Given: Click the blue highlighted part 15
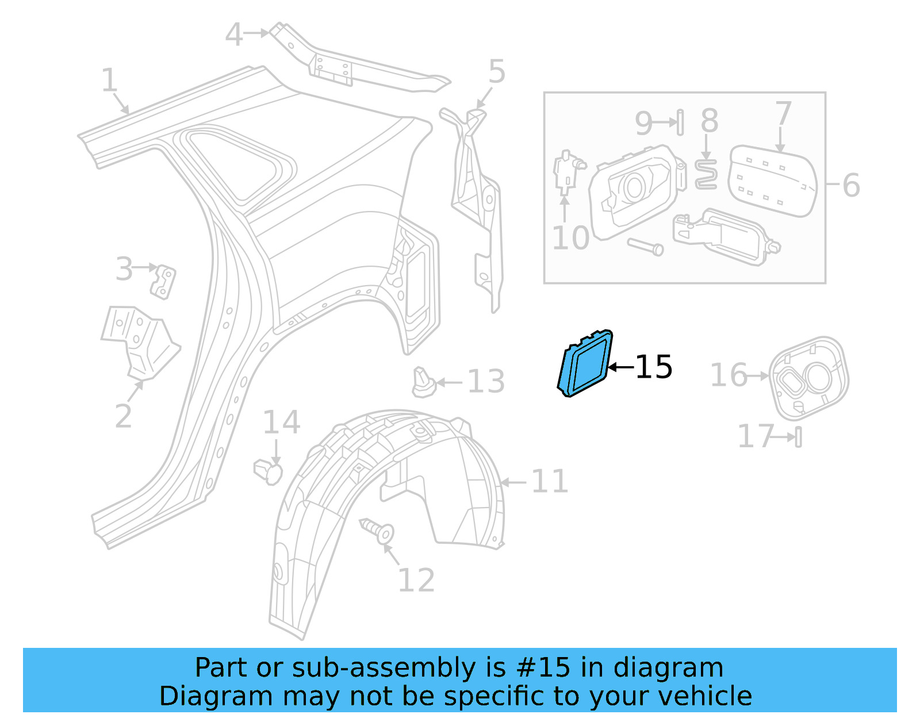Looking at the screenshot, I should pyautogui.click(x=585, y=364).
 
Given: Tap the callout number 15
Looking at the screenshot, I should pyautogui.click(x=654, y=367).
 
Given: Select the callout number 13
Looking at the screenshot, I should pyautogui.click(x=486, y=382).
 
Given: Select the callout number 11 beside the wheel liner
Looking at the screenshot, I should pyautogui.click(x=549, y=482).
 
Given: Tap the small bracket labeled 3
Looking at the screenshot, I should pyautogui.click(x=164, y=282).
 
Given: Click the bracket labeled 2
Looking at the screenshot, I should pyautogui.click(x=141, y=343).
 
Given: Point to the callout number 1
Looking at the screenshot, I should pyautogui.click(x=109, y=80).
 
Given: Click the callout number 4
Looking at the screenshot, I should pyautogui.click(x=234, y=35).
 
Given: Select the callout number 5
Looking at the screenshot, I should pyautogui.click(x=497, y=72).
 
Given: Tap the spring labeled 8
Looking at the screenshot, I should pyautogui.click(x=706, y=175).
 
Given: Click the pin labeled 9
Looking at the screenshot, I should pyautogui.click(x=680, y=122).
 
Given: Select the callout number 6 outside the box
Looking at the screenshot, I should pyautogui.click(x=851, y=186).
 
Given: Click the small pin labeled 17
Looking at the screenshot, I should pyautogui.click(x=798, y=437).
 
